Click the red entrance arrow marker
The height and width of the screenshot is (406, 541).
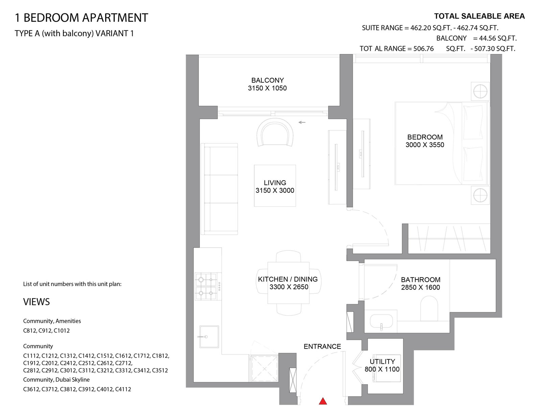click(x=323, y=401)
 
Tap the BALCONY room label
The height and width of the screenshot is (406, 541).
click(x=267, y=80)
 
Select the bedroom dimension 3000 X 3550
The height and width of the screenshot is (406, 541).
click(x=425, y=145)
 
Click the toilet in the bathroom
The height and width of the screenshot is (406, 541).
click(x=429, y=308)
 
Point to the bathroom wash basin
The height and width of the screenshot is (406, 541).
click(x=381, y=321)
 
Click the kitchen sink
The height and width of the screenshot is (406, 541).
click(x=209, y=337)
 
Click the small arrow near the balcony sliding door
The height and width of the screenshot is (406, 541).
click(x=302, y=122)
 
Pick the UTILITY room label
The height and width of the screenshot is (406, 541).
click(x=382, y=361)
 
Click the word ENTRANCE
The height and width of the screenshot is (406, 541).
click(x=322, y=346)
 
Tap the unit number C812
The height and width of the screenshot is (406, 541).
click(x=29, y=331)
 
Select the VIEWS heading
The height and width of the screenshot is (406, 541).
click(x=37, y=302)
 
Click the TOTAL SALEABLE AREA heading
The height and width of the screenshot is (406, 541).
click(x=479, y=16)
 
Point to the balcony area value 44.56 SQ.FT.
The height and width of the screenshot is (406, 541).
click(x=498, y=38)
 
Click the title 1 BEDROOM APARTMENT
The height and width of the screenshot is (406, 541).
click(x=81, y=18)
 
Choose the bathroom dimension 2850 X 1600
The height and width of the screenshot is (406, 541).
click(x=421, y=287)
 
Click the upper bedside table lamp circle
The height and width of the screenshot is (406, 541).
click(x=480, y=91)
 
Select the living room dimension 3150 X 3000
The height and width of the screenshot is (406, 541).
click(x=275, y=190)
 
